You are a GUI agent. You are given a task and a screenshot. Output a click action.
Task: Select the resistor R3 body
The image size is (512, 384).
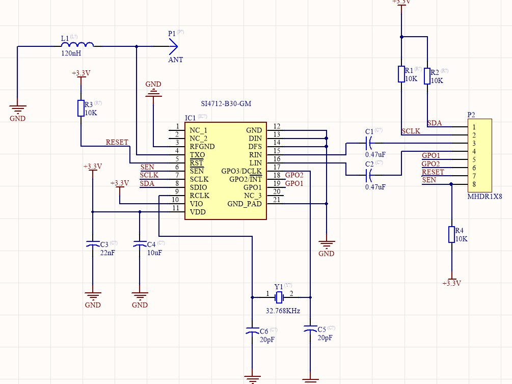(x=80, y=108)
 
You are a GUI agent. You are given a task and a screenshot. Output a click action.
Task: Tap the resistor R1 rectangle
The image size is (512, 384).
(x=401, y=74)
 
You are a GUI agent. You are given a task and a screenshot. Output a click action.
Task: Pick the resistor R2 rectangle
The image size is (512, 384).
(x=428, y=76)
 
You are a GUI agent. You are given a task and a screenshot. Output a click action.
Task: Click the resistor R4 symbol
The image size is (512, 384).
(x=451, y=234)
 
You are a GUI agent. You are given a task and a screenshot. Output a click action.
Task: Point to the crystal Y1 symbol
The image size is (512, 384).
(x=279, y=297)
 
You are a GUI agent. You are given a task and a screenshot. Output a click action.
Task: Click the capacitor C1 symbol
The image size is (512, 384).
(x=370, y=143)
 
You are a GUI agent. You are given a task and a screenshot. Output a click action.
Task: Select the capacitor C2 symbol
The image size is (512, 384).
(x=370, y=176)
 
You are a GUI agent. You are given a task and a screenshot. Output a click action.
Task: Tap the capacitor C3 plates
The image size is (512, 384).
(x=92, y=244)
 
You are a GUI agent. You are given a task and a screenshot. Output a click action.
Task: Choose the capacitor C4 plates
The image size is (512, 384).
(x=139, y=244)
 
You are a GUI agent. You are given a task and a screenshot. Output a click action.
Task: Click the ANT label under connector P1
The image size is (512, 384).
(x=175, y=60)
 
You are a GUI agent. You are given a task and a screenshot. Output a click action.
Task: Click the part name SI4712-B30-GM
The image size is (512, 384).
(x=226, y=103)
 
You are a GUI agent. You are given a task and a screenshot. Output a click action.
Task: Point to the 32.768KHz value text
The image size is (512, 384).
(x=283, y=311)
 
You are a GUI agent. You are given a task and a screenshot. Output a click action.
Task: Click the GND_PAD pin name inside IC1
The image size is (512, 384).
(x=245, y=204)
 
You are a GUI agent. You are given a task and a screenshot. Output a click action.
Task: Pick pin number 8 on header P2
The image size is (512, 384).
(x=474, y=184)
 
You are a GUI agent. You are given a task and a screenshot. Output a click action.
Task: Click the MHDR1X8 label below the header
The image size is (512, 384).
(x=484, y=196)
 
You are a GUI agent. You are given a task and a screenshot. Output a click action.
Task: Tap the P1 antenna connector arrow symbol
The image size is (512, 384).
(x=173, y=46)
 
